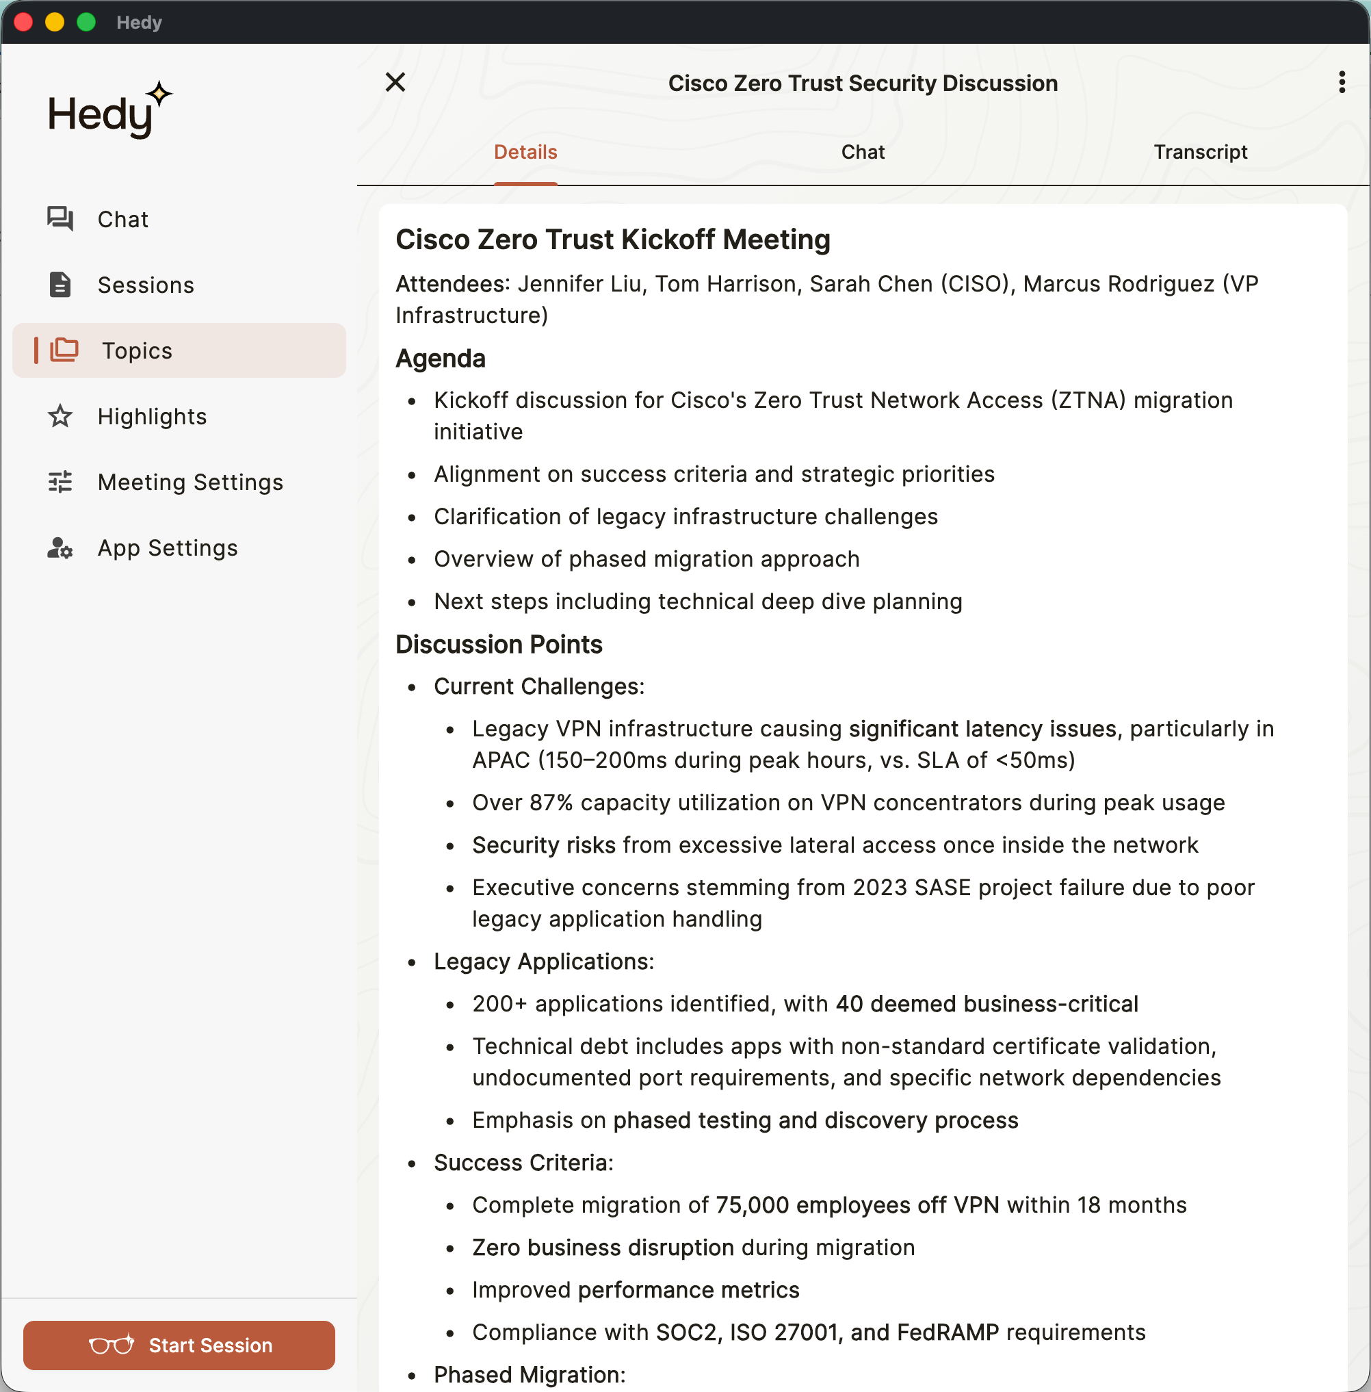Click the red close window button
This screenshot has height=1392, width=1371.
23,23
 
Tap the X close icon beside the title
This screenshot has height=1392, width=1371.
395,83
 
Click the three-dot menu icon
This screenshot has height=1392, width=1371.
1342,83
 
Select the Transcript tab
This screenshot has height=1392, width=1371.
1200,152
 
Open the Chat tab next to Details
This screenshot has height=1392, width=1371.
863,152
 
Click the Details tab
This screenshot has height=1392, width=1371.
525,152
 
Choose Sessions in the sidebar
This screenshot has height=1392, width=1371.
146,285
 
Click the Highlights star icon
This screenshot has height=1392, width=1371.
60,416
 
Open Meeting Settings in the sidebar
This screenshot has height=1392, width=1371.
190,482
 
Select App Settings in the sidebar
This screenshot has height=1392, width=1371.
167,548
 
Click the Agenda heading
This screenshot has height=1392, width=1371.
441,359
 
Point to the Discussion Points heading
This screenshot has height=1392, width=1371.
499,645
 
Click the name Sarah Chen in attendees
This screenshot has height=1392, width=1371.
872,285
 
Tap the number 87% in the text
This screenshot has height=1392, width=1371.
551,803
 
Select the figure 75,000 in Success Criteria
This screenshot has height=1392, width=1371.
752,1205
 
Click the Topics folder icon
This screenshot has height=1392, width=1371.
64,350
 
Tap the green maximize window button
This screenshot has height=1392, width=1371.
86,23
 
